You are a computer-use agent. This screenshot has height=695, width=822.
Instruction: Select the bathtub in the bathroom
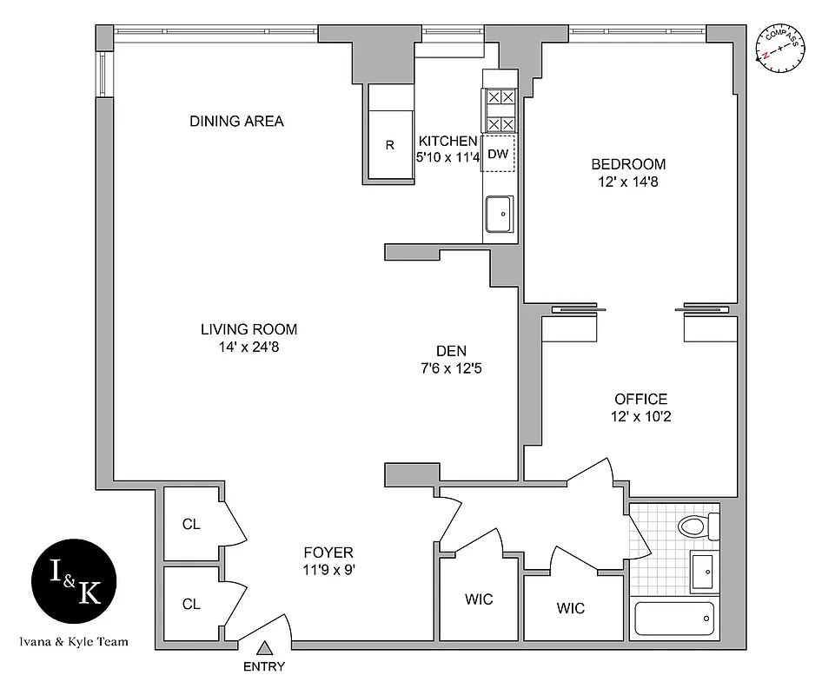coord(675,619)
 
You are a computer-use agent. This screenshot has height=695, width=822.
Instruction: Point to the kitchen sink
coord(499,213)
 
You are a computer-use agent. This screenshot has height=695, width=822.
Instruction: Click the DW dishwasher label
coord(498,155)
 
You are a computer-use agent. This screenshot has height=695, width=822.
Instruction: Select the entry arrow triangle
coord(265,647)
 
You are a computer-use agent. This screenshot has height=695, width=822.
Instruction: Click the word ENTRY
coord(264,667)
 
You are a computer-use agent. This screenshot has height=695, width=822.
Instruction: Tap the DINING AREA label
coord(236,122)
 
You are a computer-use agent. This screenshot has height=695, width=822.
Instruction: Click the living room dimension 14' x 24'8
coord(249,347)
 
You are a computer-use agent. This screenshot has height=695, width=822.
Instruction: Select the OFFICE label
coord(640,399)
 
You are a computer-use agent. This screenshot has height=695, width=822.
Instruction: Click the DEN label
coord(452,351)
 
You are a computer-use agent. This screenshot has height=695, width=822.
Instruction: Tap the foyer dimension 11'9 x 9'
coord(328,571)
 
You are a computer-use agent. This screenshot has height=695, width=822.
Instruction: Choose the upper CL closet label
coord(191,524)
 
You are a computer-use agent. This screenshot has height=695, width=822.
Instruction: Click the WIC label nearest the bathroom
coord(570,608)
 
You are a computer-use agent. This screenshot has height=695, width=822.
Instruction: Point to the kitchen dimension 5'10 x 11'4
coord(447,158)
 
